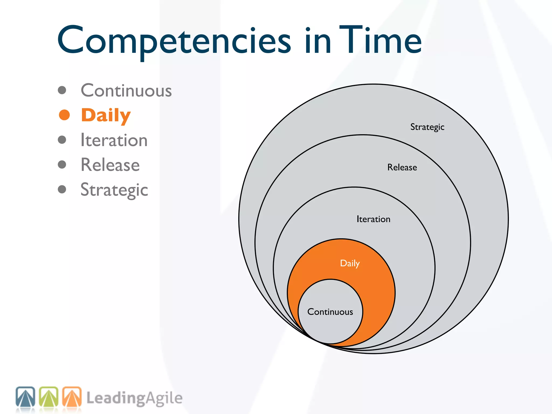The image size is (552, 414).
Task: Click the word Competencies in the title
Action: [174, 40]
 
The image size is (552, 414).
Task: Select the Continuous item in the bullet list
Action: [126, 91]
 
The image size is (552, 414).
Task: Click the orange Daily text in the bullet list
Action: [106, 115]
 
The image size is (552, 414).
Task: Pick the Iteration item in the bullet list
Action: [114, 140]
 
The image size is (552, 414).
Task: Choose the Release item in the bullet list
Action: [110, 165]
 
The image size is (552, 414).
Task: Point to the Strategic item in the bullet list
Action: [114, 190]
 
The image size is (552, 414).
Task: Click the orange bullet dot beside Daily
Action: [64, 115]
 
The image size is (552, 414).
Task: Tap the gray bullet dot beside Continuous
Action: [62, 90]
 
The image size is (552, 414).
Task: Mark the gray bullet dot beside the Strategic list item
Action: [62, 189]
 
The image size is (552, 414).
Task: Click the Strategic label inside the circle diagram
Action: [427, 127]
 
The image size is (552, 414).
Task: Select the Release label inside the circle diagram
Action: [402, 167]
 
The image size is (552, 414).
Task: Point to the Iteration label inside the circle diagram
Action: [373, 219]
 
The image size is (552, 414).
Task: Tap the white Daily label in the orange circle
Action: [350, 263]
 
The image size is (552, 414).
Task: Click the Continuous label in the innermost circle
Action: [330, 312]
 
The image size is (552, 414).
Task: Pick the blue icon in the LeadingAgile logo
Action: [25, 397]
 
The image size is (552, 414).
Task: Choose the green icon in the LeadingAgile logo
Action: [49, 397]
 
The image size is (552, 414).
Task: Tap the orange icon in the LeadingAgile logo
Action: [72, 397]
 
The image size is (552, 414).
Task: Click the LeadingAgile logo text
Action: [134, 398]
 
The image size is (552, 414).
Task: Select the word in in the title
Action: [318, 40]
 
